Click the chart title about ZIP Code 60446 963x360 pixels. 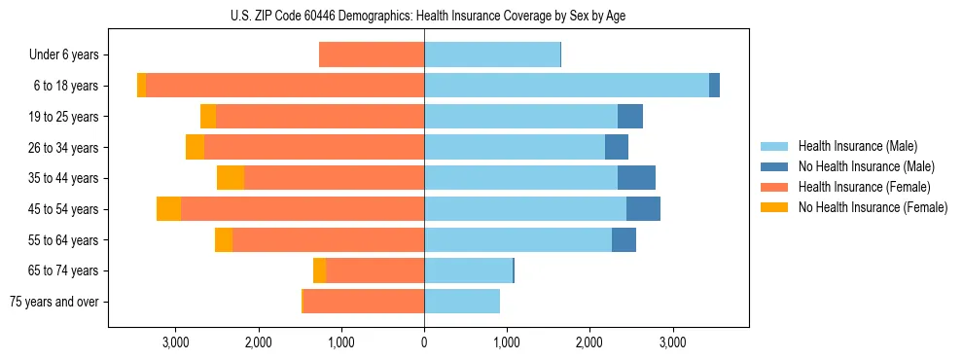click(428, 16)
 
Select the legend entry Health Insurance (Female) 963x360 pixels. click(864, 187)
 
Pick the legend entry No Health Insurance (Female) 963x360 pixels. click(873, 207)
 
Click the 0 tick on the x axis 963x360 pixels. click(424, 343)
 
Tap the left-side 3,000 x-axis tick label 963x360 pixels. click(175, 343)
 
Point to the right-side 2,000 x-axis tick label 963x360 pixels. click(589, 343)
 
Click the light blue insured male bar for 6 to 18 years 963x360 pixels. click(566, 86)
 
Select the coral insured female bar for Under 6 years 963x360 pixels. click(372, 55)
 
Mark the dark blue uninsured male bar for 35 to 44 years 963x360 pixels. click(636, 178)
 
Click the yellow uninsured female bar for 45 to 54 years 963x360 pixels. click(168, 209)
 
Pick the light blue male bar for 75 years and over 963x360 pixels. click(462, 302)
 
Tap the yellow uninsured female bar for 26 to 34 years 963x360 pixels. click(195, 148)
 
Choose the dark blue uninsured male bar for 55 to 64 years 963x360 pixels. click(624, 240)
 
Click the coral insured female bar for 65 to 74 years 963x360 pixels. click(374, 270)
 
